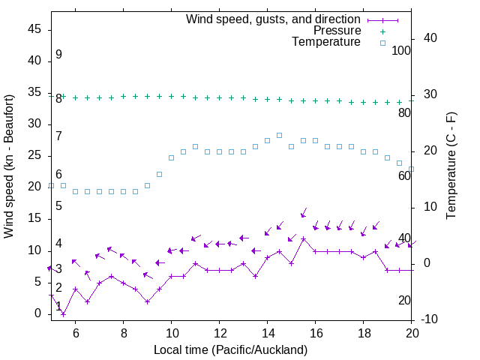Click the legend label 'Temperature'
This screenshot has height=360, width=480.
tap(326, 42)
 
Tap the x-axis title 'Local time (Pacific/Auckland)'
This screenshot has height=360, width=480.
tap(230, 349)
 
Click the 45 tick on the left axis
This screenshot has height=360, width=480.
tap(34, 29)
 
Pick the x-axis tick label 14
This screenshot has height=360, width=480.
tap(267, 332)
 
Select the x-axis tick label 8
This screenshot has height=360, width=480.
tap(123, 332)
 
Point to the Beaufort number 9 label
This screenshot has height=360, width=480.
tap(58, 55)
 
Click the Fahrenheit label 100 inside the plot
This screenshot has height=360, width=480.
tap(401, 50)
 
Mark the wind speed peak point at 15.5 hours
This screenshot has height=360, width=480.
tap(303, 238)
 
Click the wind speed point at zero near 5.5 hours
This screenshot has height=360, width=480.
tap(63, 314)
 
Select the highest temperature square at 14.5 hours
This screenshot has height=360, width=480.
tap(279, 136)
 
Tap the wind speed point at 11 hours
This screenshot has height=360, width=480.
tap(195, 264)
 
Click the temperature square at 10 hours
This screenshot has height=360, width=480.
tap(171, 158)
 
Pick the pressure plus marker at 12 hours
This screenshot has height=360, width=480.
tap(219, 97)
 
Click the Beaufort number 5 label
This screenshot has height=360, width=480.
tap(58, 205)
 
